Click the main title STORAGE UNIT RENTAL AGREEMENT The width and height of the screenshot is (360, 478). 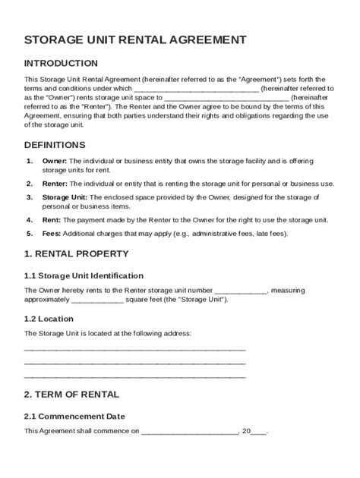135,39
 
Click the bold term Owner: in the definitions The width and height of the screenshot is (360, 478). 55,162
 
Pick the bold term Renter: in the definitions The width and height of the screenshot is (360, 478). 55,184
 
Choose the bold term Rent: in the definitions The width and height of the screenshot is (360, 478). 52,219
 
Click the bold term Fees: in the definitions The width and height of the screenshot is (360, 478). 52,234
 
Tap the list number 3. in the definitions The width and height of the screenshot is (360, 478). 29,197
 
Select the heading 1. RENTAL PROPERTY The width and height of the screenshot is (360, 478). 76,253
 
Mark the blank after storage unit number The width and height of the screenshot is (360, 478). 241,290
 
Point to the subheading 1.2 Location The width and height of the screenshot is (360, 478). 49,319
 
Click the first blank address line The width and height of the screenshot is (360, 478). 135,348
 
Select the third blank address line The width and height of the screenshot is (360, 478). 135,375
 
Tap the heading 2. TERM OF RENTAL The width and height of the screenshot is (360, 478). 71,395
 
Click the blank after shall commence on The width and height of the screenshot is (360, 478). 189,431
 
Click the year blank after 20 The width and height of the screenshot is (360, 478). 258,431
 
